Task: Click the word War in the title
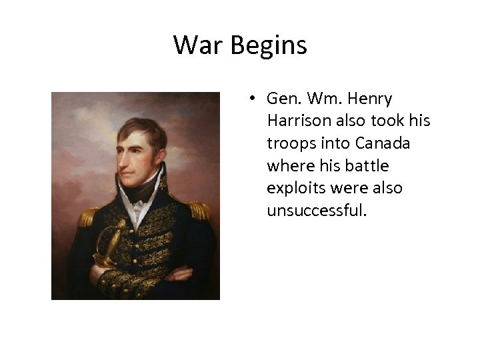[x=197, y=45]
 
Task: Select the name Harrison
[x=297, y=121]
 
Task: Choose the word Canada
[x=383, y=143]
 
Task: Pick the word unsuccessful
[x=317, y=211]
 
